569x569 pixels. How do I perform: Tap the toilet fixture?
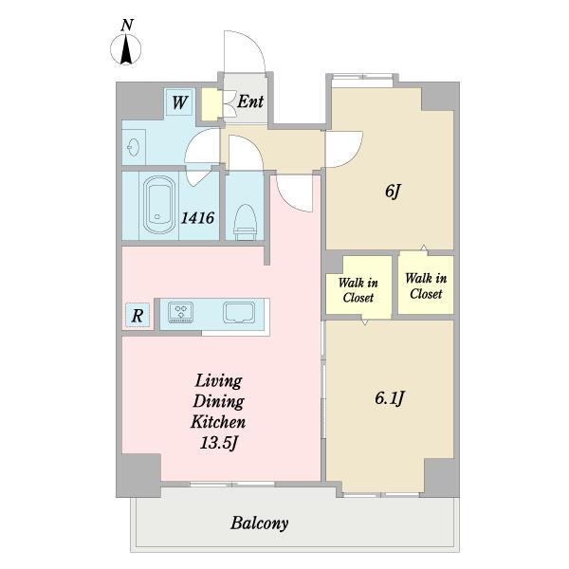[245, 222]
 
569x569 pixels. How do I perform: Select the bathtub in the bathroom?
[158, 205]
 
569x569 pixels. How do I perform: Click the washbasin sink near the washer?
[133, 147]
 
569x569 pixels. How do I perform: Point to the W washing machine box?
[180, 102]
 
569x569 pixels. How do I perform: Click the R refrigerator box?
[138, 315]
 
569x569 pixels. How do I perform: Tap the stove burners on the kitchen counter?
[181, 312]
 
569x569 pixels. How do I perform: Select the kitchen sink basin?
[239, 312]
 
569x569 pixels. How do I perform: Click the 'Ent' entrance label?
[250, 101]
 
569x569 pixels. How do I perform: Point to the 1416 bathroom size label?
[198, 218]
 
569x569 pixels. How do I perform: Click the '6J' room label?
[393, 191]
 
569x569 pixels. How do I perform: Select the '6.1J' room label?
[390, 398]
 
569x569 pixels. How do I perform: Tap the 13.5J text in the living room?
[219, 443]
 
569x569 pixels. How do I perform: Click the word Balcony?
[260, 523]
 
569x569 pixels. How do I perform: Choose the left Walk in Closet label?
[358, 290]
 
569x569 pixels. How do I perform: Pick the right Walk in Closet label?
[426, 286]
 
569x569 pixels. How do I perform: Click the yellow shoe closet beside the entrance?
[211, 104]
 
